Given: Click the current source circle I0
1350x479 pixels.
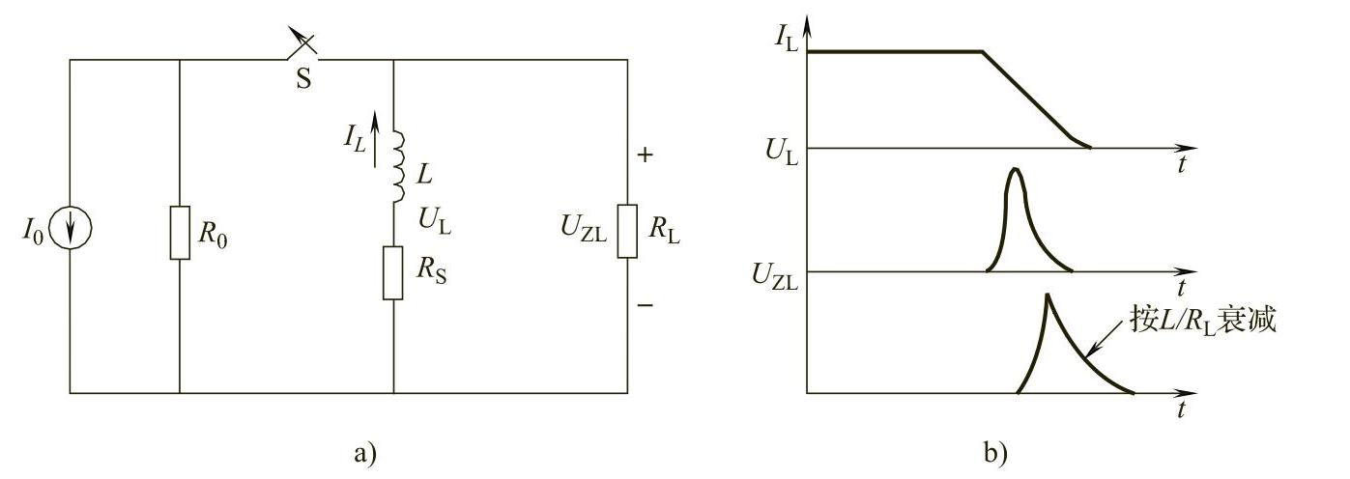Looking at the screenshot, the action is pos(71,232).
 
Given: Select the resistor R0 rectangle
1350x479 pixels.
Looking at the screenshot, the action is pos(180,232).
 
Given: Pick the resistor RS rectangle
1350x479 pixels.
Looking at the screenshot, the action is pos(393,272).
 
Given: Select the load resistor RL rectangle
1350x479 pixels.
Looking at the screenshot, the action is pos(627,232).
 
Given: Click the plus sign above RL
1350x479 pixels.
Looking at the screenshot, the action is pos(645,154).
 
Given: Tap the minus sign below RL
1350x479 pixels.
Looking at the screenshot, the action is pos(645,306).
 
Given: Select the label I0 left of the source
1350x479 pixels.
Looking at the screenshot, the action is pos(34,233).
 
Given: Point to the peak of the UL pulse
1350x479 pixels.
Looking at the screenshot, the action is pos(1014,171).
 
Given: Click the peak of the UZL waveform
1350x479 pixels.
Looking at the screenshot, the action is pos(1047,296).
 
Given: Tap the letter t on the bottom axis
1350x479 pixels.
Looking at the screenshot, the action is pos(1183,409).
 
